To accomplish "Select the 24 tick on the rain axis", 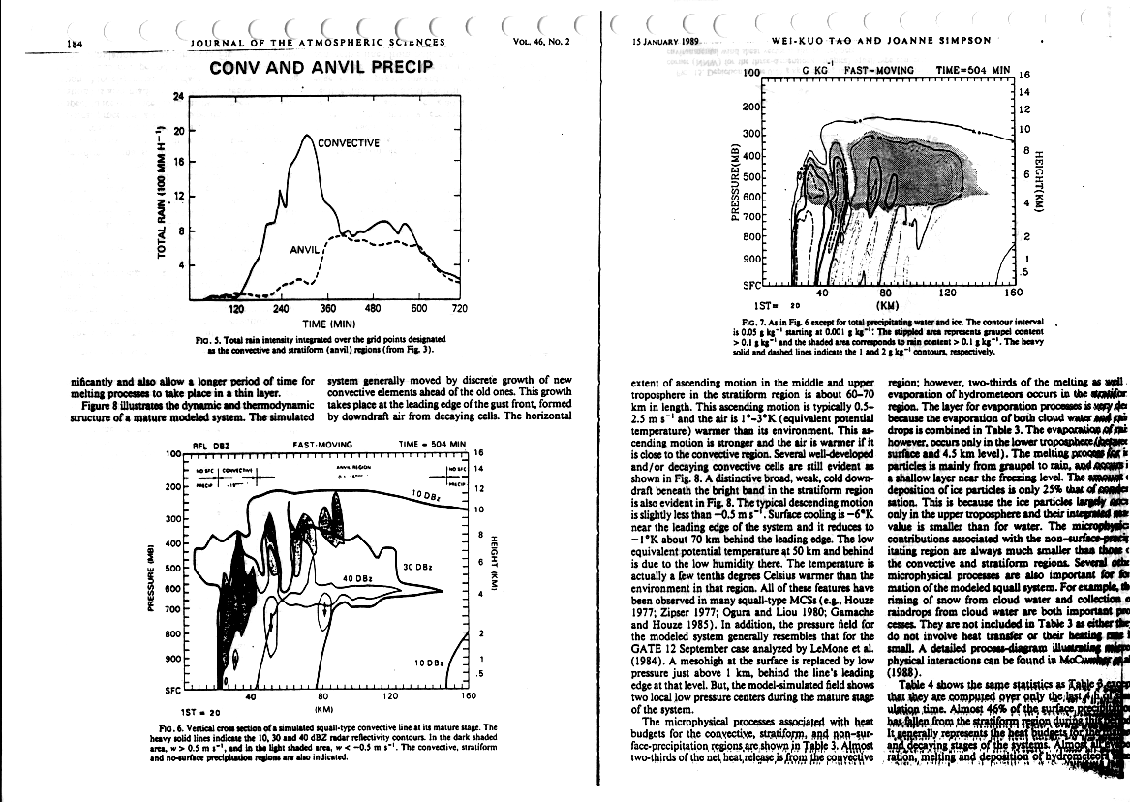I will tap(178, 96).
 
